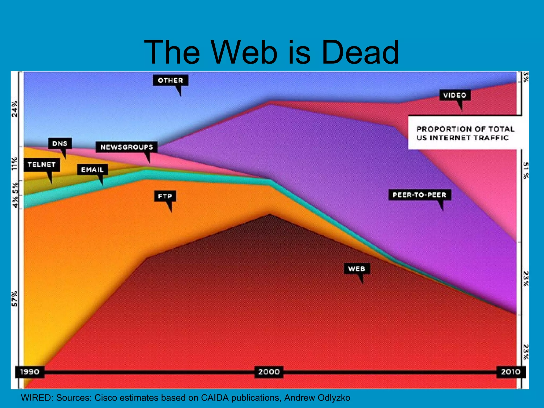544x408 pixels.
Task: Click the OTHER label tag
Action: click(171, 80)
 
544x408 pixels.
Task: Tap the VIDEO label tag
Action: click(455, 95)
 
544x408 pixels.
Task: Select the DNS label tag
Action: click(60, 143)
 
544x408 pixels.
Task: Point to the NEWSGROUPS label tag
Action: click(127, 147)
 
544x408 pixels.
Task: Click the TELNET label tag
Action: click(42, 165)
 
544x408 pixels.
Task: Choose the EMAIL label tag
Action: click(92, 169)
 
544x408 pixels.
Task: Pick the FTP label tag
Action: click(165, 196)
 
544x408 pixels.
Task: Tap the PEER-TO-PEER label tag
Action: click(419, 195)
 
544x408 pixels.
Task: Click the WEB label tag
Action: click(357, 269)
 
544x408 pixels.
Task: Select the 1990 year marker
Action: click(30, 372)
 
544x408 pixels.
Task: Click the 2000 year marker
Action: click(269, 372)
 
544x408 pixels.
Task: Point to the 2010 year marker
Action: click(511, 372)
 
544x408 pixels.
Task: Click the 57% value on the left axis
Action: click(15, 299)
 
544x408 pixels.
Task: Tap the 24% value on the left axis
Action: click(15, 109)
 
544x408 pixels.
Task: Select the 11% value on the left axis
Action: click(15, 164)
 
